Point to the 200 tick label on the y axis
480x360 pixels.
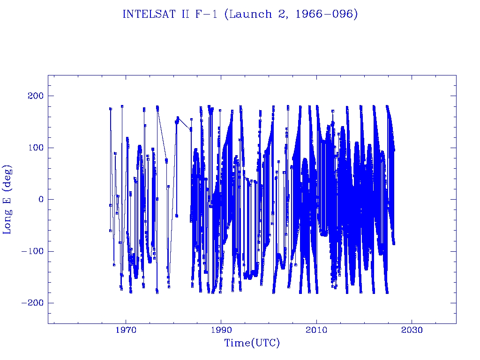[34, 96]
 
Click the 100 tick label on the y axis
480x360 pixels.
[34, 148]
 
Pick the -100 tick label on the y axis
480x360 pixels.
[31, 251]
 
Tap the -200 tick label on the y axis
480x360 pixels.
[31, 303]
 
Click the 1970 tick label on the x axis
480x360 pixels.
[126, 330]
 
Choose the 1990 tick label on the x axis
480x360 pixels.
[221, 330]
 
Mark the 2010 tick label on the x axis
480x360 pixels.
[316, 330]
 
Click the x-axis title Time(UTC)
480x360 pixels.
[252, 343]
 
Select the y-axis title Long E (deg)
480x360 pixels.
[8, 199]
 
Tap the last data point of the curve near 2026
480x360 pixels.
[394, 243]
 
